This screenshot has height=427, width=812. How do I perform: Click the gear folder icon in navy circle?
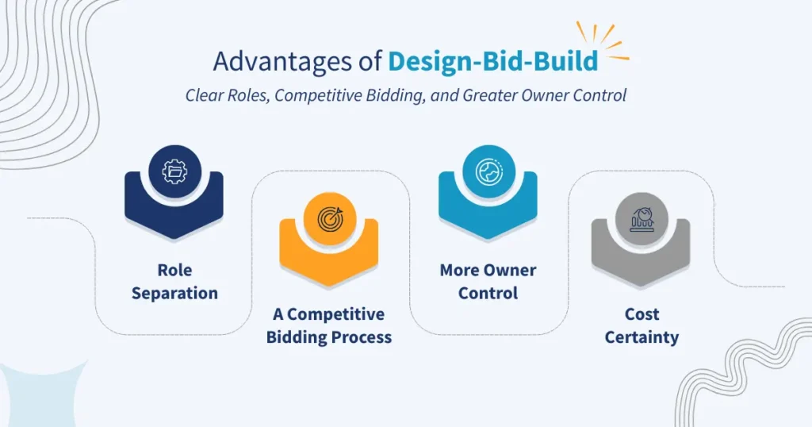(174, 171)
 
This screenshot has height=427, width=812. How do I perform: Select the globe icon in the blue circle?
(488, 171)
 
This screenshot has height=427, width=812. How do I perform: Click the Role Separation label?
(174, 281)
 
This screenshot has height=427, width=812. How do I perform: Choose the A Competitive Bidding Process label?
(329, 325)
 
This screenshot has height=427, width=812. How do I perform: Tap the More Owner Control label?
(488, 281)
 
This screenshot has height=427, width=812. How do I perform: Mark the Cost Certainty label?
(642, 325)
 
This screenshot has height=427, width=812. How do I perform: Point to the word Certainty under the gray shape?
(642, 337)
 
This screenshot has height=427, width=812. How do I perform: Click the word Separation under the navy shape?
(174, 293)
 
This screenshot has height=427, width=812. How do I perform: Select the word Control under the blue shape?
(488, 293)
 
